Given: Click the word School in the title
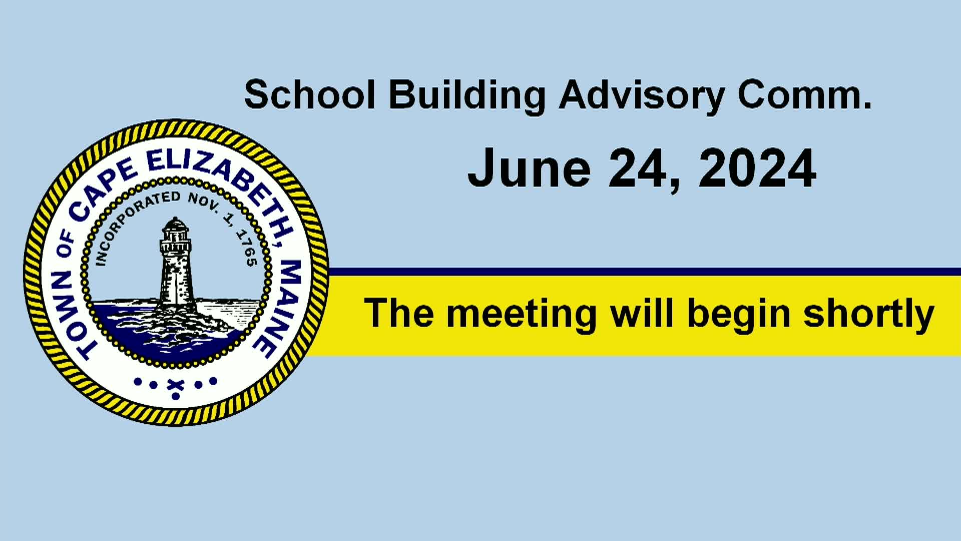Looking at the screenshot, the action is (x=310, y=95).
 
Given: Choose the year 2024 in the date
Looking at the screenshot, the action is (x=757, y=168).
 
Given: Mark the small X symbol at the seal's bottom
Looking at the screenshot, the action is (x=175, y=385).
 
